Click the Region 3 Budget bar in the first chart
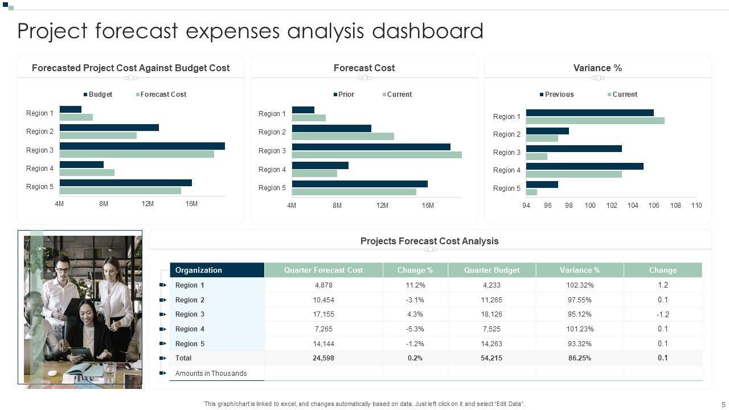(142, 146)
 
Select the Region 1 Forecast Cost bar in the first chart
(76, 117)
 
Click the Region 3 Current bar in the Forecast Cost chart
(376, 155)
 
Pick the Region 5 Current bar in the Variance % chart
(531, 192)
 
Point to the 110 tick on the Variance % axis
(697, 206)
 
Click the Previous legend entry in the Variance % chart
(559, 95)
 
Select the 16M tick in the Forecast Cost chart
(428, 206)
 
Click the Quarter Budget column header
(492, 270)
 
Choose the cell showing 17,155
(323, 314)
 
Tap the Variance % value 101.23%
(580, 329)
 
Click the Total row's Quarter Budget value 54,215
(492, 358)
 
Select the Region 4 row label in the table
(190, 329)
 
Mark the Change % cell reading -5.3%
(415, 329)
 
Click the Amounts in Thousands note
(211, 374)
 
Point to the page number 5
(723, 405)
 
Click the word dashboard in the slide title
(428, 31)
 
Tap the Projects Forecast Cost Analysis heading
(429, 241)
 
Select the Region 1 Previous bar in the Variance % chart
(589, 113)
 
